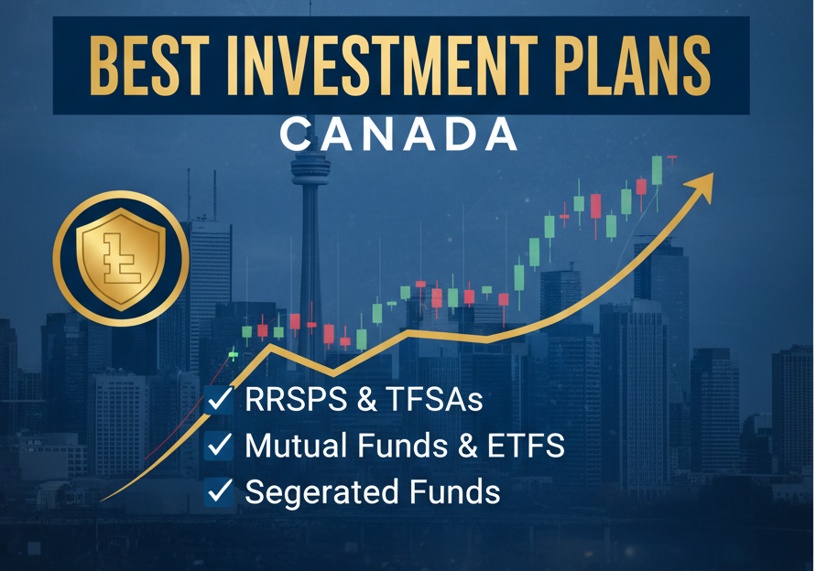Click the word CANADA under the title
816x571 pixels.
(x=398, y=135)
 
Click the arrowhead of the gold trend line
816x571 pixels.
(x=704, y=180)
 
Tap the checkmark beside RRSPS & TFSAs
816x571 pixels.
(x=220, y=399)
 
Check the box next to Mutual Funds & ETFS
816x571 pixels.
(x=220, y=446)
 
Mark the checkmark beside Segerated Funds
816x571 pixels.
(x=220, y=491)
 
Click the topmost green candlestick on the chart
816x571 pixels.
(x=657, y=170)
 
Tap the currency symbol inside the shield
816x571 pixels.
(x=120, y=257)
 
